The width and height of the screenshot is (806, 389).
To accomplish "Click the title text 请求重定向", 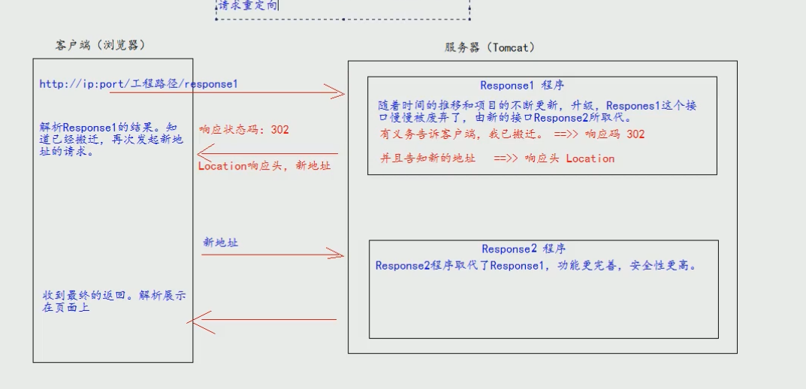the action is click(248, 6).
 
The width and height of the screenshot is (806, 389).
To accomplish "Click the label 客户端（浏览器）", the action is click(100, 46).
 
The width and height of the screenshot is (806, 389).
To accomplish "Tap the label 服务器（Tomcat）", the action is click(490, 47).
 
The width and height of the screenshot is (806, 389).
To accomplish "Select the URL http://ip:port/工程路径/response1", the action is click(138, 84).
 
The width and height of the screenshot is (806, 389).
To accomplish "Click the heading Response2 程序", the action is click(524, 249).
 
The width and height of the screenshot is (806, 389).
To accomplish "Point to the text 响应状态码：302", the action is click(243, 130).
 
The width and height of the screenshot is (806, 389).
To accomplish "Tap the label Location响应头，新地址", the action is click(264, 166).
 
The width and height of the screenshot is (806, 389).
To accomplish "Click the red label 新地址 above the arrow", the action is click(221, 243).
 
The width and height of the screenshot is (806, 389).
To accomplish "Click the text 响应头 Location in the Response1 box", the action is click(569, 158).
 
